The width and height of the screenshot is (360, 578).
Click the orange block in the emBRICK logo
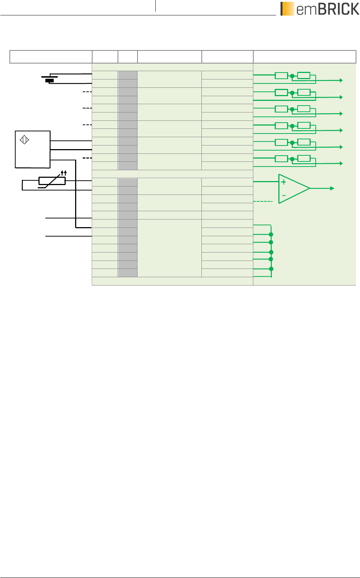[287, 9]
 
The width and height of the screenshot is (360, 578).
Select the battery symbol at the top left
[50, 79]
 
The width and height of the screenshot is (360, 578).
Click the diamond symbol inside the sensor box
[24, 140]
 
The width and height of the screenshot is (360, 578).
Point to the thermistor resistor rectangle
[52, 181]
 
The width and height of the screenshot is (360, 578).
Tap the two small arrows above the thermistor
[64, 173]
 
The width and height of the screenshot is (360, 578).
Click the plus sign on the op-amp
[284, 182]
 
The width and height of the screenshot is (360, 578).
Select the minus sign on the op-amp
[284, 196]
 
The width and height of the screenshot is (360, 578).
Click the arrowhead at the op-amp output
[332, 188]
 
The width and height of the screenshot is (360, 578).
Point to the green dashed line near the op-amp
[263, 201]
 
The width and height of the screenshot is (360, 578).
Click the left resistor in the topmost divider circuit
[281, 75]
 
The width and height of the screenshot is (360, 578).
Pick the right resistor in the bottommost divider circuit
[304, 158]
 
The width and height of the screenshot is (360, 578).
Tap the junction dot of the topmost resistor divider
[292, 76]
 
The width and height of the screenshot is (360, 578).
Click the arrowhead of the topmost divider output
[341, 81]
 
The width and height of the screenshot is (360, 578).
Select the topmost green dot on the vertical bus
[271, 234]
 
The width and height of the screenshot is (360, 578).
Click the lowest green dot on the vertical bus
[271, 269]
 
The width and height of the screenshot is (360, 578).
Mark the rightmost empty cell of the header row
[304, 57]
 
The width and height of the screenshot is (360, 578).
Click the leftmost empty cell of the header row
[51, 57]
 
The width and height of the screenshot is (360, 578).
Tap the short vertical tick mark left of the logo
[155, 6]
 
